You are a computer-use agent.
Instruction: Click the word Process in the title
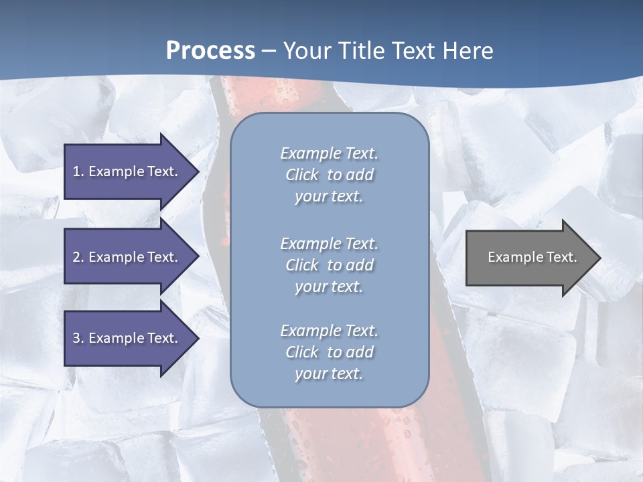[210, 51]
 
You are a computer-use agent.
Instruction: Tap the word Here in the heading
[465, 51]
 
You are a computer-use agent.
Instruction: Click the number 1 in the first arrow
[76, 171]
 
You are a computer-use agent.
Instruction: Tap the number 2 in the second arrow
[76, 257]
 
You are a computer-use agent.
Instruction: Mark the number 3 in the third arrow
[76, 338]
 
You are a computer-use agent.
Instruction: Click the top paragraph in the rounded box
[330, 175]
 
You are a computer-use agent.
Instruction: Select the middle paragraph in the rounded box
[330, 265]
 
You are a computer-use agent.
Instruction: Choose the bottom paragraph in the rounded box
[330, 352]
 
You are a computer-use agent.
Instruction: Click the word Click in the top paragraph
[302, 175]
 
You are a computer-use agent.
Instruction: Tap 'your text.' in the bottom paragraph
[329, 374]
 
